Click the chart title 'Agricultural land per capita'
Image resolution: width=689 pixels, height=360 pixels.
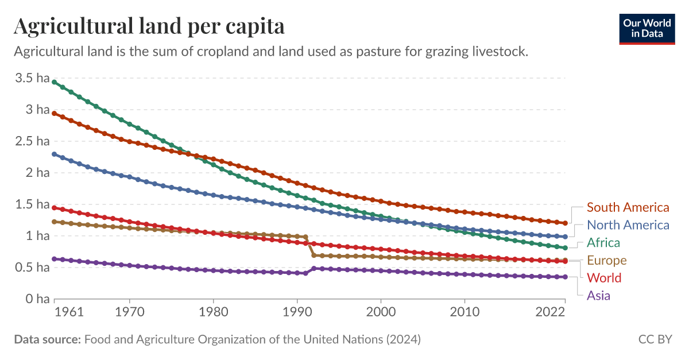(149, 26)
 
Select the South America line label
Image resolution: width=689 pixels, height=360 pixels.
(628, 207)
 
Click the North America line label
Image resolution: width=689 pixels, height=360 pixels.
(628, 225)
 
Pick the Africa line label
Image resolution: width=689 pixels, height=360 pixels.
(603, 242)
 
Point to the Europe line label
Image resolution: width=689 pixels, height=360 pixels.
(606, 260)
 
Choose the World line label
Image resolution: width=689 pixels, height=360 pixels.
(604, 278)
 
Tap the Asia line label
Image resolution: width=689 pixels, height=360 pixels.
(598, 296)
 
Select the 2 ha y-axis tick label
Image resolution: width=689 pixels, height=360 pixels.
(38, 173)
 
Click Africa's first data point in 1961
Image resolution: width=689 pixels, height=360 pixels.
(55, 82)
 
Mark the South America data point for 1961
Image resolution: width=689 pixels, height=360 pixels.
(55, 113)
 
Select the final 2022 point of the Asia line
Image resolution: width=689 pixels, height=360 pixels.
(566, 277)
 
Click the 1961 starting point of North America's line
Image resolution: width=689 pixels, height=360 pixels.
(55, 154)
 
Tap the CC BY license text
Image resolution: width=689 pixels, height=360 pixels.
(655, 339)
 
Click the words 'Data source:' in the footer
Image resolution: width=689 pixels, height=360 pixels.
(47, 339)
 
